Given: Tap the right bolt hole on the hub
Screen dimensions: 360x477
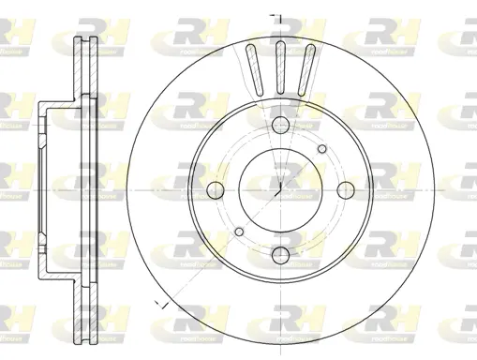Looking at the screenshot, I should (345, 191).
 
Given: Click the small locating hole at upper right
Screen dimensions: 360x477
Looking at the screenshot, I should (322, 148).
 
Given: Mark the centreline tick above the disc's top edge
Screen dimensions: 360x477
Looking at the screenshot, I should (275, 16).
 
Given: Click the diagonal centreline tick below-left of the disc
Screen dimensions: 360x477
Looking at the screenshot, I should (161, 306).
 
